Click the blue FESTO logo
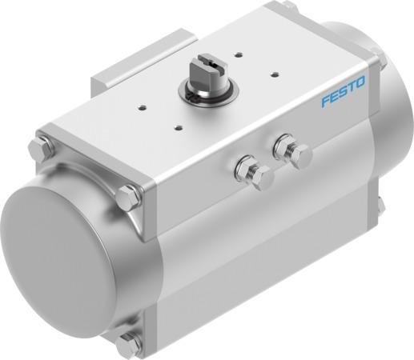pyautogui.click(x=343, y=102)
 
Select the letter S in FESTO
pyautogui.click(x=343, y=102)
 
